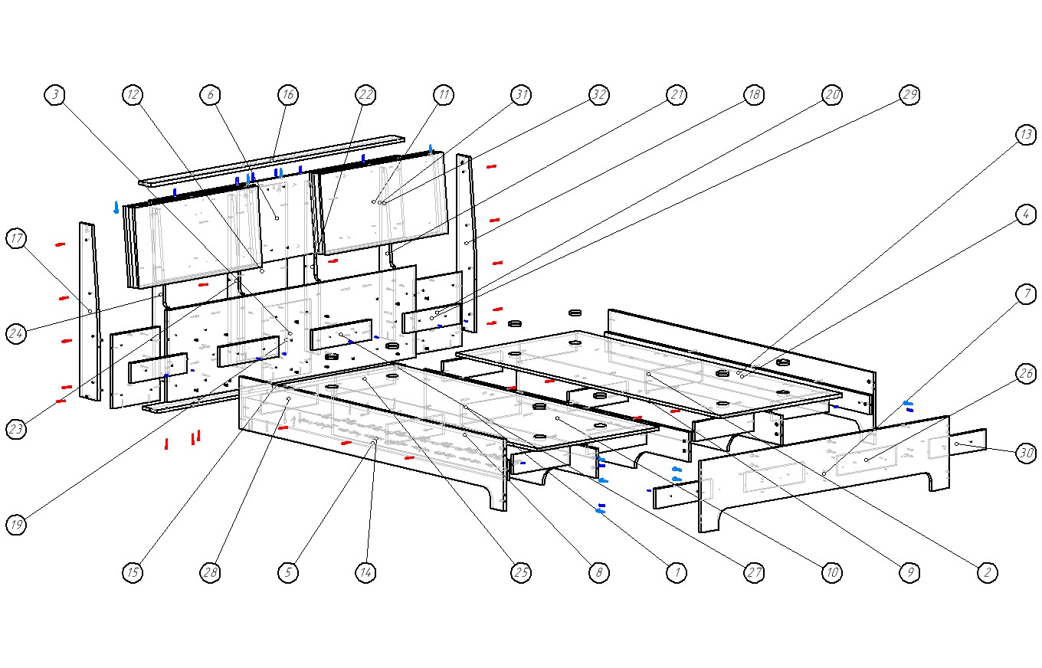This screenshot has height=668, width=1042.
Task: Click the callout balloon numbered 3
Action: click(x=54, y=95)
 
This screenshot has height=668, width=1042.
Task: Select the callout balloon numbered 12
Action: click(x=133, y=95)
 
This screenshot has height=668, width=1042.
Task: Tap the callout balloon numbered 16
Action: click(x=287, y=95)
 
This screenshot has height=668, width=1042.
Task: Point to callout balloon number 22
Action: click(x=365, y=95)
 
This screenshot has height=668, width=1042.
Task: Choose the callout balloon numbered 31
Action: click(x=521, y=95)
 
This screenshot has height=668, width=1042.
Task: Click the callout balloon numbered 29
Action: click(x=909, y=95)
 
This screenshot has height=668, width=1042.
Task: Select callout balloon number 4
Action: click(x=1025, y=214)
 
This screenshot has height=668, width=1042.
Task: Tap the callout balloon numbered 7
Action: click(x=1025, y=294)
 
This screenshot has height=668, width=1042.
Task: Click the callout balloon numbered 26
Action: click(x=1025, y=374)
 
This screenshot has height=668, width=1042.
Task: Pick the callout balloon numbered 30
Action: click(x=1025, y=454)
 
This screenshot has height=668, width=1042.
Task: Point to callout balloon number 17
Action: click(x=16, y=238)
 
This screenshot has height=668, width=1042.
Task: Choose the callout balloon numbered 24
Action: click(x=16, y=333)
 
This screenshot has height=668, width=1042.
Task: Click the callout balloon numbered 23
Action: click(x=16, y=429)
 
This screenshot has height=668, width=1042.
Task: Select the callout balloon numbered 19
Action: click(x=16, y=525)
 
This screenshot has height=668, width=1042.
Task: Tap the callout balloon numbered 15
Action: click(x=133, y=572)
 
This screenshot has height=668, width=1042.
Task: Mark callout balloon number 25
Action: click(x=521, y=572)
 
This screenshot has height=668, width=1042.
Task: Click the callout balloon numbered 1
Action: click(x=676, y=572)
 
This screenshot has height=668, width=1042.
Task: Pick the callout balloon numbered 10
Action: click(x=831, y=572)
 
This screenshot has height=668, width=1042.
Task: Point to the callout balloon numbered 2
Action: click(x=987, y=572)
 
